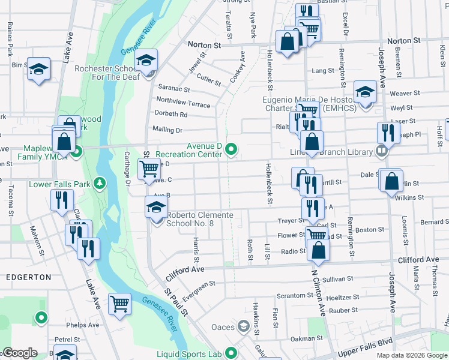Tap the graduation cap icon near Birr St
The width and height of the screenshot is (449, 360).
tap(38, 69)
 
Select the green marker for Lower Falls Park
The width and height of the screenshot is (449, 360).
tap(102, 182)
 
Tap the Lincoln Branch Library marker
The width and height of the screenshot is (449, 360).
tap(381, 151)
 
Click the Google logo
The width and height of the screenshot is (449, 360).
tap(20, 353)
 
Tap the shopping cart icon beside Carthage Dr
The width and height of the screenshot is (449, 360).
tap(149, 168)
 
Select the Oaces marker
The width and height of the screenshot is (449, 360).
tap(243, 326)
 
